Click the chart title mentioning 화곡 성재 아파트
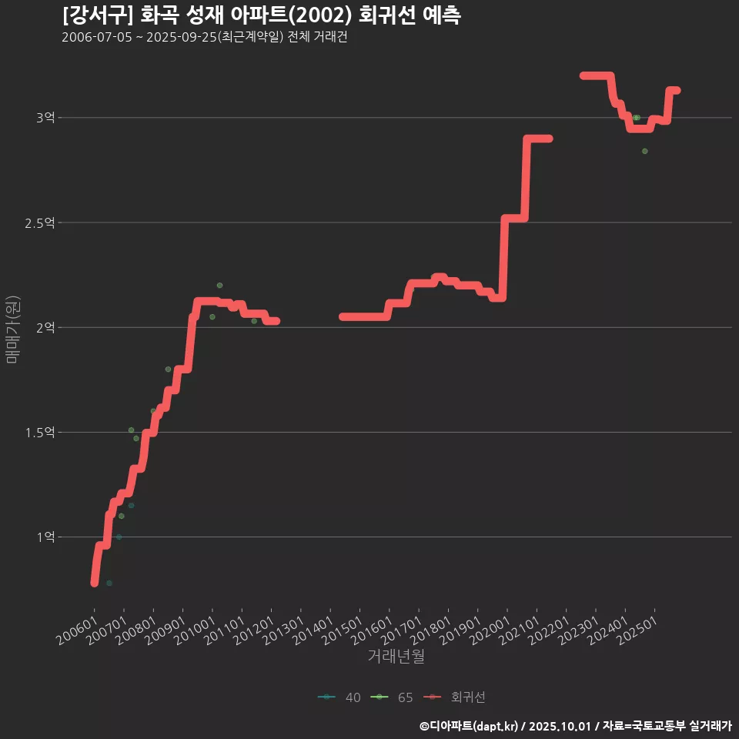(262, 15)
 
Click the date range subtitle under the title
(205, 38)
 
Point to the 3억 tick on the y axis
(45, 118)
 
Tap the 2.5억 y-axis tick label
(40, 222)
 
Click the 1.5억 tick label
(40, 433)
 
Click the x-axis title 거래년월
(396, 657)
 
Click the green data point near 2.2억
(219, 286)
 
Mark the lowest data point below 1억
(109, 584)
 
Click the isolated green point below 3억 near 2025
(645, 151)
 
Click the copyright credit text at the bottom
(575, 726)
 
